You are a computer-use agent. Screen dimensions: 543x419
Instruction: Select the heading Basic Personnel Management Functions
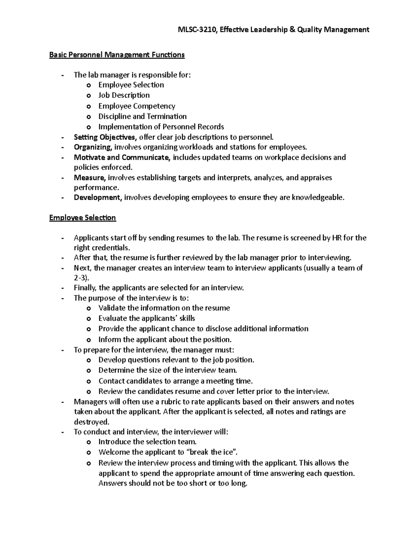pyautogui.click(x=117, y=55)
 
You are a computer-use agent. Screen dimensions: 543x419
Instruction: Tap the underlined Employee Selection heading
pyautogui.click(x=82, y=218)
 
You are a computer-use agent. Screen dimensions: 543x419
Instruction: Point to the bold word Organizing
pyautogui.click(x=93, y=147)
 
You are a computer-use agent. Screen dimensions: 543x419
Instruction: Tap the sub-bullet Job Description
pyautogui.click(x=124, y=95)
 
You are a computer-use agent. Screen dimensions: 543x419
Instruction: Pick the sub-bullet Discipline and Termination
pyautogui.click(x=142, y=116)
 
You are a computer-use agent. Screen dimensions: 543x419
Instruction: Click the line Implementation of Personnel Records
pyautogui.click(x=161, y=127)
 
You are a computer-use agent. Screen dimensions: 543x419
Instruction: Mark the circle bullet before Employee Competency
pyautogui.click(x=89, y=106)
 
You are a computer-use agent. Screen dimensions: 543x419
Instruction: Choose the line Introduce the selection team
pyautogui.click(x=147, y=442)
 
